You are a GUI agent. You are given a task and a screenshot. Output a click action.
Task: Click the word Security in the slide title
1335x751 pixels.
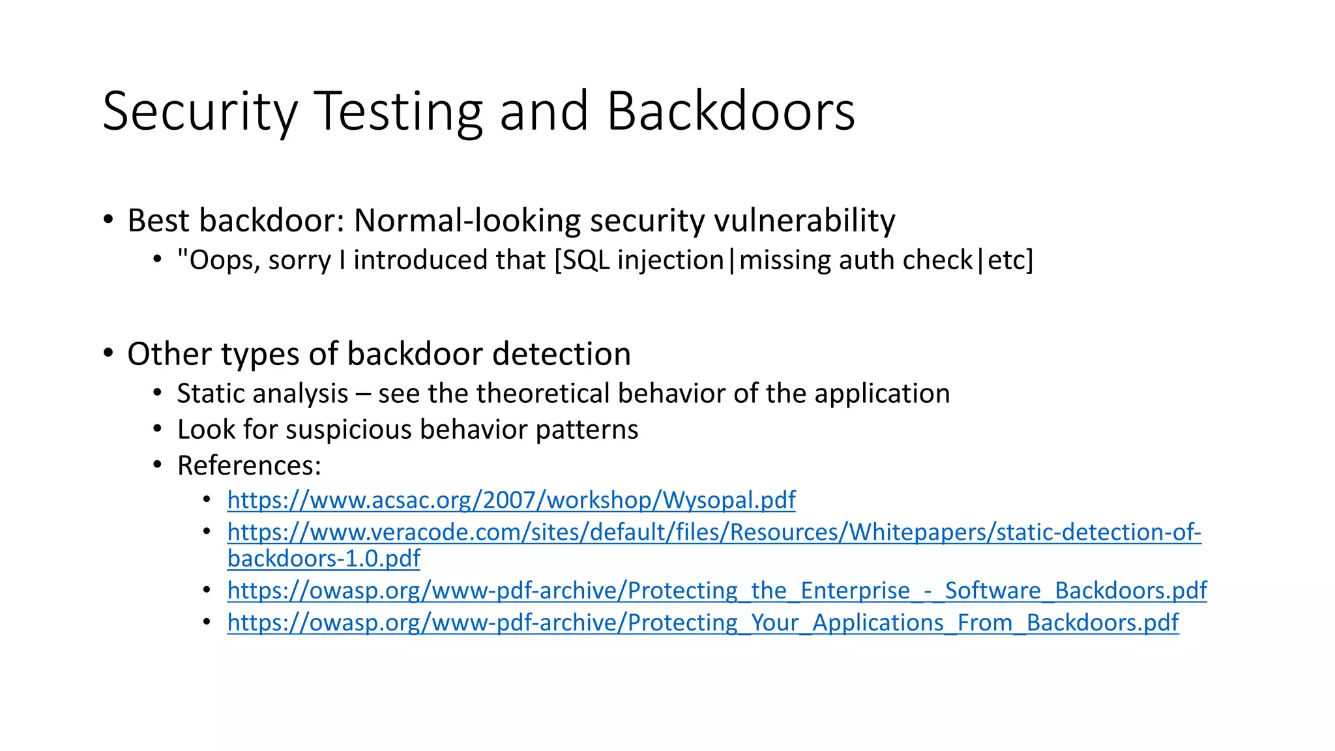coord(199,112)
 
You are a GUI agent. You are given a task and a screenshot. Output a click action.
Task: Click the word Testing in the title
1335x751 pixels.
coord(398,112)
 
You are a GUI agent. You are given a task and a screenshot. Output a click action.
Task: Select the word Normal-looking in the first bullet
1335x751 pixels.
coord(467,221)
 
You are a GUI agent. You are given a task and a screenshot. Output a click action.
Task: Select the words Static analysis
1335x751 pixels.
coord(263,394)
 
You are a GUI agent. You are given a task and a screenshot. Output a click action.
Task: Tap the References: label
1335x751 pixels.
coord(249,465)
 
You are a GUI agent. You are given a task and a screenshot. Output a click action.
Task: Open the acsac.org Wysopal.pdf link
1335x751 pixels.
coord(511,500)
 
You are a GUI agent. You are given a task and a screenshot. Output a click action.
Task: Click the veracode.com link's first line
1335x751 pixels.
coord(714,533)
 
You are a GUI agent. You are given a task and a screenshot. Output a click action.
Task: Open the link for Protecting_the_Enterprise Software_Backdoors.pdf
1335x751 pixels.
coord(716,591)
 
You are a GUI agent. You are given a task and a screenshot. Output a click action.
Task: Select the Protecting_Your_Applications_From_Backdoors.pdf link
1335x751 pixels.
coord(703,623)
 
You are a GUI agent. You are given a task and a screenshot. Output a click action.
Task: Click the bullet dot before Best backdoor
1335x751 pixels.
coord(108,219)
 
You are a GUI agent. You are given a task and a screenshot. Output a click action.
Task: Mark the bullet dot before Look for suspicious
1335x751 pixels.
coord(157,429)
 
